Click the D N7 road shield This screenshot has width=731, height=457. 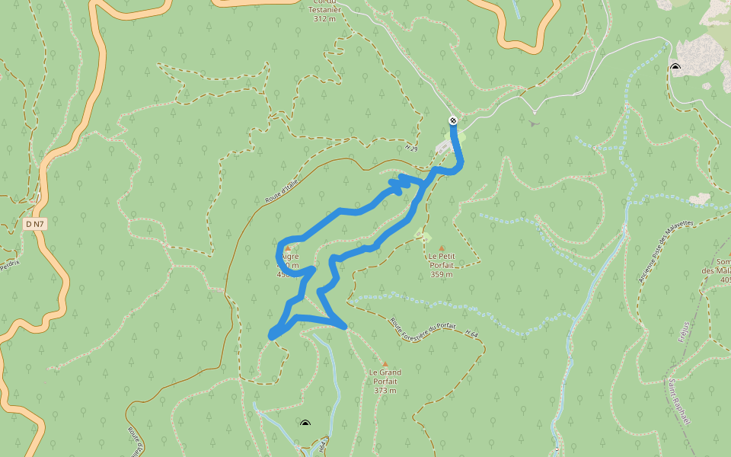tap(35, 224)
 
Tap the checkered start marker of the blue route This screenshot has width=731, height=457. tap(453, 120)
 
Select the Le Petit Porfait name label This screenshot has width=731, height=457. tap(442, 260)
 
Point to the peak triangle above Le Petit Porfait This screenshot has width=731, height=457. tap(442, 248)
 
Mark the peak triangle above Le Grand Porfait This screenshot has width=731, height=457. tap(385, 364)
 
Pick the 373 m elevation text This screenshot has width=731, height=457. tap(385, 390)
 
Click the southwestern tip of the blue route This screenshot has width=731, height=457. tap(272, 335)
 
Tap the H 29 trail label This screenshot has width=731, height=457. tap(412, 149)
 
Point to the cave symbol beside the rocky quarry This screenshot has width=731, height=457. tap(675, 67)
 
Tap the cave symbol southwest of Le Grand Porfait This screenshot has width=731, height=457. tap(305, 423)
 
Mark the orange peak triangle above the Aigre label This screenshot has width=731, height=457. tap(287, 248)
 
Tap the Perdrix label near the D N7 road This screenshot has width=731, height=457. tap(10, 265)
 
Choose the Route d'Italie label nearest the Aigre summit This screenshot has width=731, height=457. tap(280, 189)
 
